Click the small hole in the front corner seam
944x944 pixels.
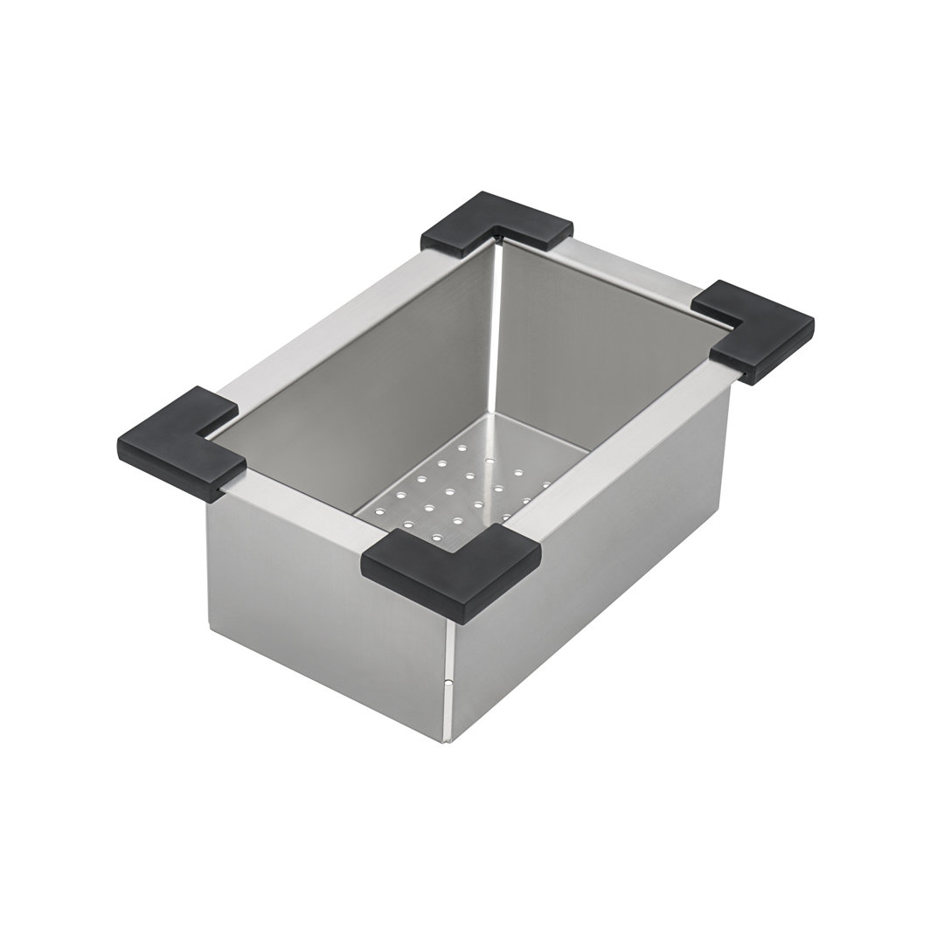coord(448,683)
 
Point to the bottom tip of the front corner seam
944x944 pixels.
coord(448,740)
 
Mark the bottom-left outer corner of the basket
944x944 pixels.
coord(210,628)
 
